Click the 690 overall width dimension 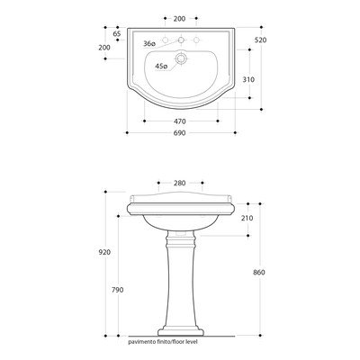click(x=179, y=133)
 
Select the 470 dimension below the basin click(x=179, y=121)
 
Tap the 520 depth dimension click(x=260, y=40)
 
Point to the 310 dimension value click(x=248, y=79)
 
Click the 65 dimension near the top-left click(x=117, y=33)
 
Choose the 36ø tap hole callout click(x=149, y=44)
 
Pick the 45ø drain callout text click(x=161, y=67)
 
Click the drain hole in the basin click(x=181, y=58)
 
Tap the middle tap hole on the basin click(x=181, y=40)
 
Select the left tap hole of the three click(x=165, y=40)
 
